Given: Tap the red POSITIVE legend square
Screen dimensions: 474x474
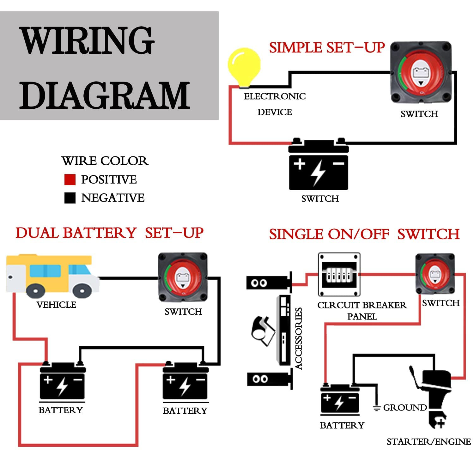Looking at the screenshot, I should [x=70, y=179].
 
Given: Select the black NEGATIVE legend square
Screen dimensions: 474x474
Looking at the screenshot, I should [x=70, y=198].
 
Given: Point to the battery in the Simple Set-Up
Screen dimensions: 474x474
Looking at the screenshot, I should [x=319, y=166].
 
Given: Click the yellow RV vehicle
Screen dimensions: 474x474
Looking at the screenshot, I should [x=52, y=275].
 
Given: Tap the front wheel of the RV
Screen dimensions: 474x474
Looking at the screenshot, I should [x=82, y=289].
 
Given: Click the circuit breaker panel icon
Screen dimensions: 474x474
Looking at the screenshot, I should [x=339, y=274].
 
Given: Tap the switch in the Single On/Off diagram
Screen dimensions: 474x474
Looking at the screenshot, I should [x=435, y=274].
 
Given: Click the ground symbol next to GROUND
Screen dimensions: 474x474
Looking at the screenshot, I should [x=376, y=408].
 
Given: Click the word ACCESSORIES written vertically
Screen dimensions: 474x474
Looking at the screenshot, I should [x=299, y=338].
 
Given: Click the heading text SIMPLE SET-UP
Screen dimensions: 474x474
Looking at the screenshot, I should [x=327, y=48].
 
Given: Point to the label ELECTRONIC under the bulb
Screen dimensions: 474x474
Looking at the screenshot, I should [x=275, y=96].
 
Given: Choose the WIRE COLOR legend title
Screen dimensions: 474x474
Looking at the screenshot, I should [x=105, y=161].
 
